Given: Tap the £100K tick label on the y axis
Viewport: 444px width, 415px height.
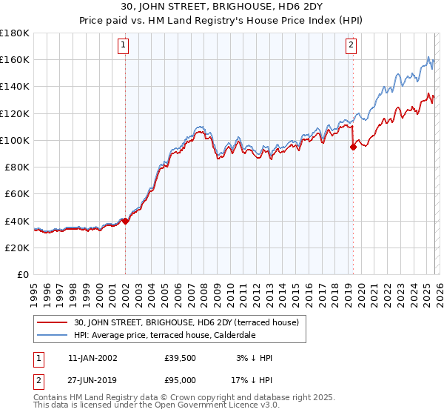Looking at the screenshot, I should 15,140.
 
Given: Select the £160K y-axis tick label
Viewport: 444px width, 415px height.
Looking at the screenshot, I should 15,59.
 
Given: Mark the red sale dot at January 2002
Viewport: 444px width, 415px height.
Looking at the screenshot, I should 125,221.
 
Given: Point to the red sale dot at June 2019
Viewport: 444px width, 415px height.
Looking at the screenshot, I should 353,147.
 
